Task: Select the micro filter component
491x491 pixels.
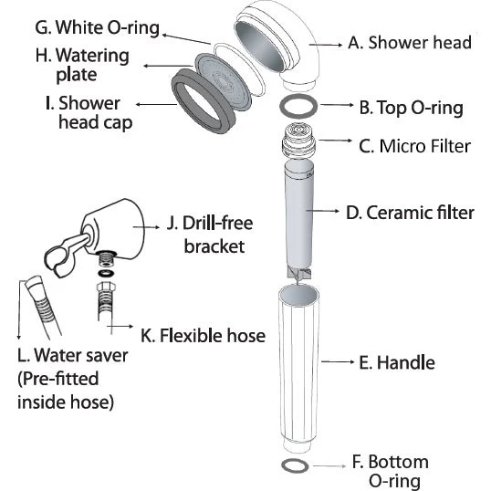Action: click(298, 141)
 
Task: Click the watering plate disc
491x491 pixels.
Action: click(223, 81)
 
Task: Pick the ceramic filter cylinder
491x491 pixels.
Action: click(299, 216)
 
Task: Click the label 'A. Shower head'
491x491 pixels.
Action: click(410, 42)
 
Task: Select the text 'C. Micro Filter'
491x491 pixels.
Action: click(414, 146)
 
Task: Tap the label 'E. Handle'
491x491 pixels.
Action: click(397, 362)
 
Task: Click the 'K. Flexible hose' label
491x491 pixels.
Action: click(203, 335)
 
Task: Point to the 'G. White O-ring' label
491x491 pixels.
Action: click(97, 28)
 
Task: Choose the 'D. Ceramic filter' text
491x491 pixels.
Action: click(410, 213)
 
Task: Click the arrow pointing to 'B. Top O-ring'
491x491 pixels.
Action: click(338, 105)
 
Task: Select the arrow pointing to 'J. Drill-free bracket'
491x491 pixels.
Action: click(146, 227)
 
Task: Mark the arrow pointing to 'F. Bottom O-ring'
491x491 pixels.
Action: click(329, 466)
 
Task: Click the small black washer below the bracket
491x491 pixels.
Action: click(106, 273)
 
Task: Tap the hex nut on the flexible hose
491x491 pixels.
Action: click(106, 287)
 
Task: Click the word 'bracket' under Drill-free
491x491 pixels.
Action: click(214, 246)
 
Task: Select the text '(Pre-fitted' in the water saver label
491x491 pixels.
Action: click(58, 379)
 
